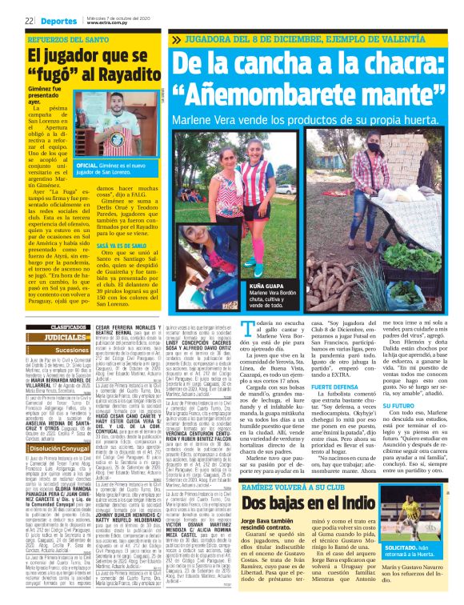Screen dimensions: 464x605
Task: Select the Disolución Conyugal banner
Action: click(56, 447)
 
